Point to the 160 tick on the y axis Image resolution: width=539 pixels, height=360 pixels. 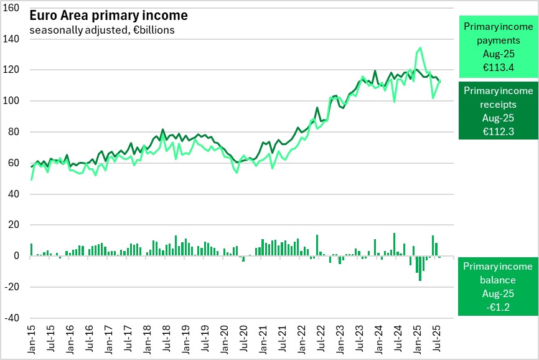pos(12,8)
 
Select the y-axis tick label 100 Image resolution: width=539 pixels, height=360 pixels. pos(12,101)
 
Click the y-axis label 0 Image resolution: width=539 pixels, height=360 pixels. pos(16,256)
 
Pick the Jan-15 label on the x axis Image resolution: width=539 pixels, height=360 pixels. pos(32,336)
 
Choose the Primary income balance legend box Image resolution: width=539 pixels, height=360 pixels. pos(496,287)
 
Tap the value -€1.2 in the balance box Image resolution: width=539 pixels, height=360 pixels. pos(496,307)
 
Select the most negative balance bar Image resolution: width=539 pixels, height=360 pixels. pos(420,268)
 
